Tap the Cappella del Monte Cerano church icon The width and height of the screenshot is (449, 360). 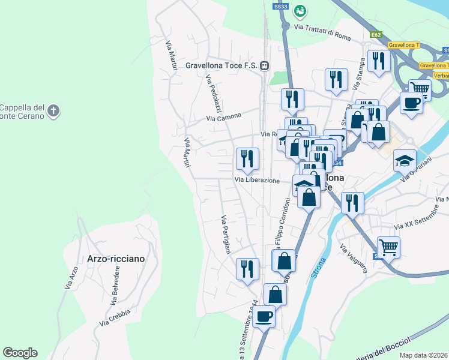(x=53, y=110)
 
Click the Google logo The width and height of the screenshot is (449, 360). (x=20, y=353)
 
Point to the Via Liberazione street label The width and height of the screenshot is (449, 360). (x=257, y=180)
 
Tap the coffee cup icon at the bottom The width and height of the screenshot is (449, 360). (x=264, y=316)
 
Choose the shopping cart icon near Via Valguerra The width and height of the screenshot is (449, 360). (x=388, y=246)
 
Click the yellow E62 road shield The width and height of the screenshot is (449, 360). (x=376, y=35)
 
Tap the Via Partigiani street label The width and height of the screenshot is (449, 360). (x=226, y=234)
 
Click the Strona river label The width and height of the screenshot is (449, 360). (x=319, y=268)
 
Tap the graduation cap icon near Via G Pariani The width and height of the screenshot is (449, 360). (x=405, y=160)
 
